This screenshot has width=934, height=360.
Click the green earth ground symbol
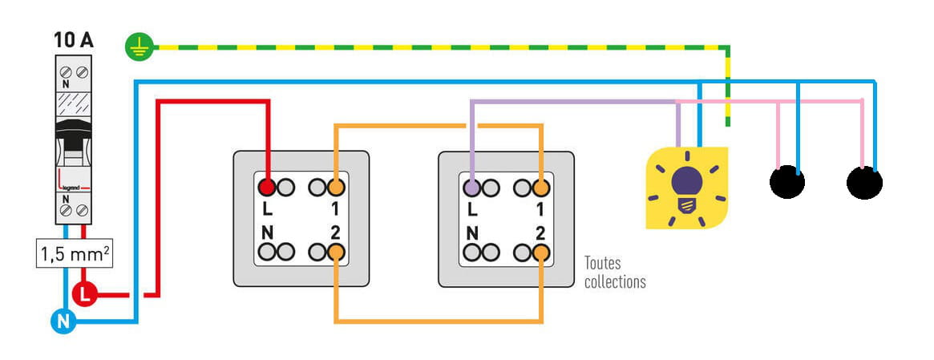(138, 47)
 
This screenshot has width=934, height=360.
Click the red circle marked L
(84, 294)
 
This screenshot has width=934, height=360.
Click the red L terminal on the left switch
(267, 188)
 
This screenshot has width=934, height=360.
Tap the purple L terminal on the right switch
(472, 188)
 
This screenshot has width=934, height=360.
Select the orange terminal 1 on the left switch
(336, 188)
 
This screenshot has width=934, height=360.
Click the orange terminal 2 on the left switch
(336, 253)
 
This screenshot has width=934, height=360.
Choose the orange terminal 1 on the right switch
(541, 188)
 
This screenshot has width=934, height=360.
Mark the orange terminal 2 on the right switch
(541, 253)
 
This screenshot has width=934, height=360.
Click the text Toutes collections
(614, 273)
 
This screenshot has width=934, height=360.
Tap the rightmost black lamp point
(864, 183)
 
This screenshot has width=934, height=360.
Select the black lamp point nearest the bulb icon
(786, 183)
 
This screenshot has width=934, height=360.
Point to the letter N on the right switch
(472, 233)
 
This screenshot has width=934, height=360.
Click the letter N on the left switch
(267, 233)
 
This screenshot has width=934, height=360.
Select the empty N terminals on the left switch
(277, 253)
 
